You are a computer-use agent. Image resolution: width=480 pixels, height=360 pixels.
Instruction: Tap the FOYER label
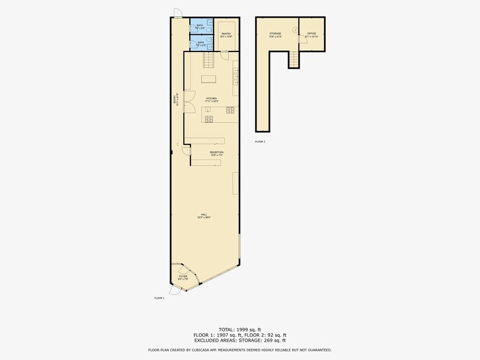point(183,277)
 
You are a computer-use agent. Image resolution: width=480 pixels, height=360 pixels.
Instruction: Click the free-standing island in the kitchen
point(209,78)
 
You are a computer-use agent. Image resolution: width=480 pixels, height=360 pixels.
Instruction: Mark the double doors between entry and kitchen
point(189,104)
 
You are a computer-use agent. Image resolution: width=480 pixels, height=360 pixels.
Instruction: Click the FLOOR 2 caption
point(260,141)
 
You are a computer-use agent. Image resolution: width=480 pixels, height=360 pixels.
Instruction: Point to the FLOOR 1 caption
point(159,298)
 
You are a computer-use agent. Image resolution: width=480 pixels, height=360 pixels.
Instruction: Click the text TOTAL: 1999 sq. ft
point(240,329)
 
